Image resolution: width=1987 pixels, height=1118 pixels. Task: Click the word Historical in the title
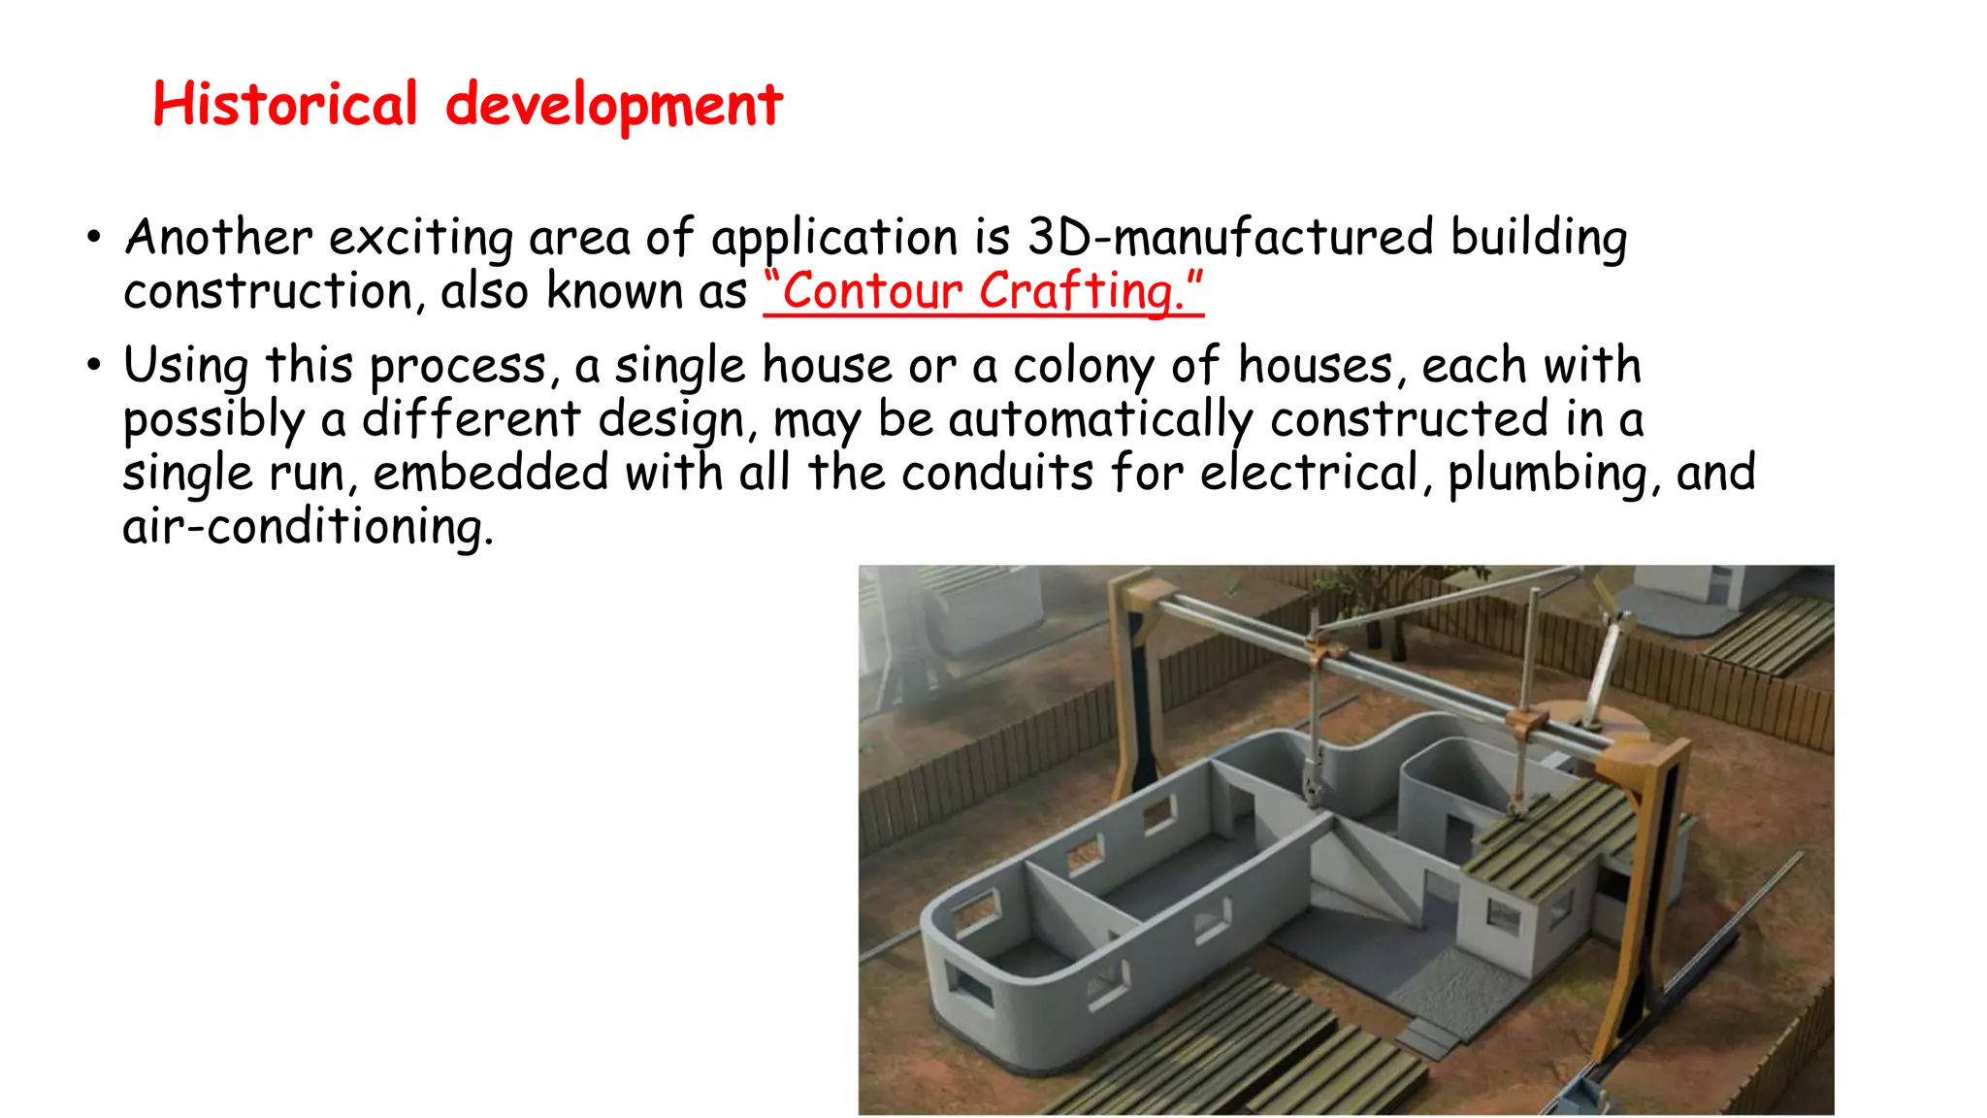tap(285, 104)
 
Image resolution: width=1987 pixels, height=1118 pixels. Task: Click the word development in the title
tap(613, 106)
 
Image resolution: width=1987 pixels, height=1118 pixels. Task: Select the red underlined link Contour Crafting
tap(983, 291)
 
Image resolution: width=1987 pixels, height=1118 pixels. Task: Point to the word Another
tap(218, 238)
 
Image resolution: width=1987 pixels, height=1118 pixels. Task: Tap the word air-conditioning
tap(308, 528)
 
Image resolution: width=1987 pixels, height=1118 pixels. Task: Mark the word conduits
tap(996, 474)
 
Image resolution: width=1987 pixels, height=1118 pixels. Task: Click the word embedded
tap(490, 474)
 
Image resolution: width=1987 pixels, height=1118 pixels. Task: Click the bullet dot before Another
tap(93, 238)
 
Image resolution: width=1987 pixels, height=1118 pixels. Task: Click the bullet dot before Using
tap(93, 367)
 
